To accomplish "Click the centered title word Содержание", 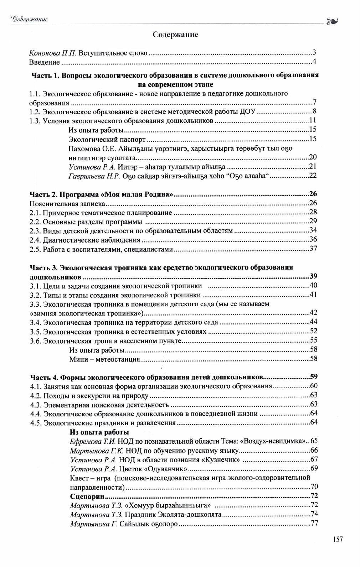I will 175,34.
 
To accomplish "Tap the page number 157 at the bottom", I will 338,539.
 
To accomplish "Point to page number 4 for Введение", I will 314,62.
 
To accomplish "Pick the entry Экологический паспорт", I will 107,139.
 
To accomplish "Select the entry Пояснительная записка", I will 67,204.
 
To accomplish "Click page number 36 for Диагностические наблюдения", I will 313,239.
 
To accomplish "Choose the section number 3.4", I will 35,323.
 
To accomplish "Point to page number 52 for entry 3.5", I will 313,331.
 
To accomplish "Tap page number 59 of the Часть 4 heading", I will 313,377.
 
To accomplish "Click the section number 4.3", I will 35,405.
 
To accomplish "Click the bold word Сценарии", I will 87,496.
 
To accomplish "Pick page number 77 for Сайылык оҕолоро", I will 314,524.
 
